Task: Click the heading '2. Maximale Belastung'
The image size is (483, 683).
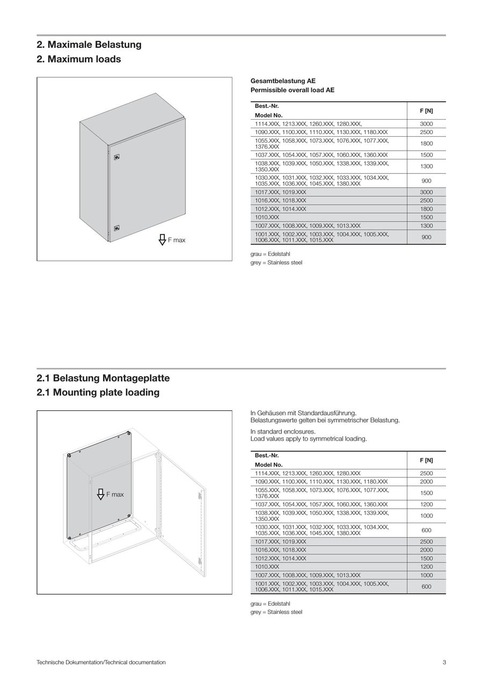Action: tap(89, 45)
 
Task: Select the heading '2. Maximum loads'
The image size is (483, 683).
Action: tap(79, 59)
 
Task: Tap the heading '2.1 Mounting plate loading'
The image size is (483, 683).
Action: tap(98, 392)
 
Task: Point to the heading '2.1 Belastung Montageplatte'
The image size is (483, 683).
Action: tap(103, 378)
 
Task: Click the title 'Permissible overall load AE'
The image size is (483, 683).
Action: tap(292, 90)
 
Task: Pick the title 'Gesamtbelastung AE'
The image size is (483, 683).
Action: tap(283, 81)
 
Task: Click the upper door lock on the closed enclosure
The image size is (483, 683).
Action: tap(117, 157)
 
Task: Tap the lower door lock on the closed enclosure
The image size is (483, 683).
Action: tap(117, 227)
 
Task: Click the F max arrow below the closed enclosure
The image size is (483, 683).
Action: tap(162, 240)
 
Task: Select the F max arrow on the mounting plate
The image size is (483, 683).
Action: tap(100, 494)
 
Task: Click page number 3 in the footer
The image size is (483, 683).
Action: tap(444, 662)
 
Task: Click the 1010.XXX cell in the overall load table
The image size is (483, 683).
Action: tap(267, 217)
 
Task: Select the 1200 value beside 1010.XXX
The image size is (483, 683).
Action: tap(426, 567)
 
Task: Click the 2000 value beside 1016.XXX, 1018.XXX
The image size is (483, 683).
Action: tap(426, 550)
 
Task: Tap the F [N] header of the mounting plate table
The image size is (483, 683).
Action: tap(426, 460)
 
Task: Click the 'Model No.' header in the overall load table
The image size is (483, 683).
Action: tap(268, 115)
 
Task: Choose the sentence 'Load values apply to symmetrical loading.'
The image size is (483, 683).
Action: tap(309, 439)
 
